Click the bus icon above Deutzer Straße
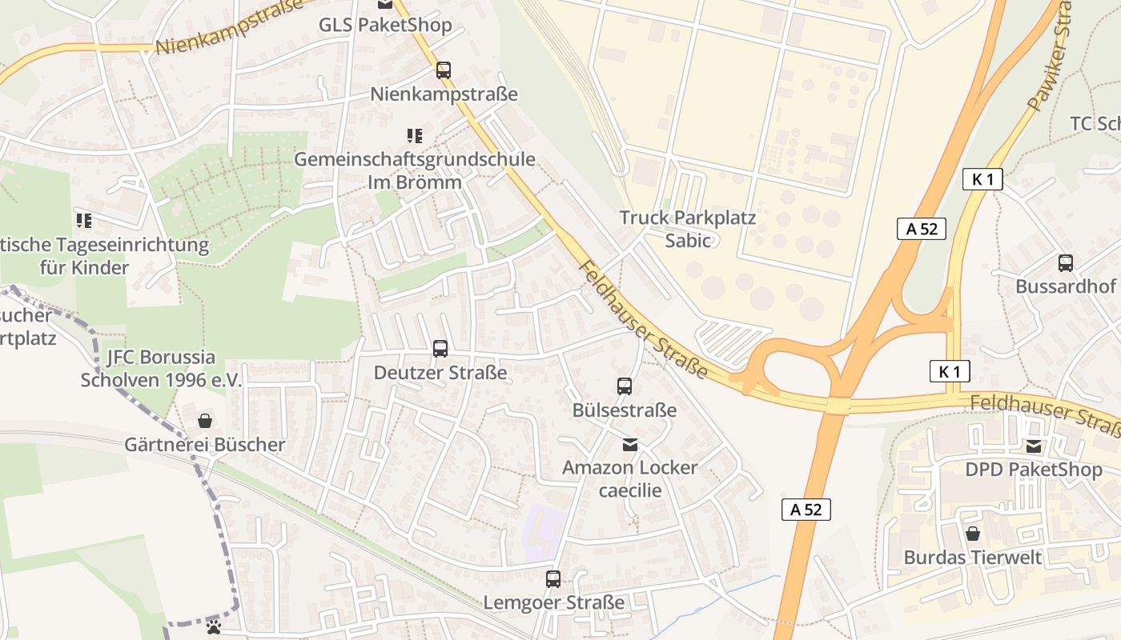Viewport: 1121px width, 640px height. (x=440, y=349)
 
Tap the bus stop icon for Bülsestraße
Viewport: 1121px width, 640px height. (x=625, y=386)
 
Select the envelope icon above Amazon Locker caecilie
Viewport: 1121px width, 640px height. (x=630, y=444)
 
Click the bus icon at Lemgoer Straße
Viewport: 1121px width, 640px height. (x=553, y=578)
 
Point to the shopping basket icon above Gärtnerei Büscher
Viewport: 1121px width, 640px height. (x=205, y=421)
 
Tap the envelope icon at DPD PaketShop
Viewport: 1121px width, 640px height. (x=1034, y=446)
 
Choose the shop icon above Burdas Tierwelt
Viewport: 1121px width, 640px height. (x=973, y=534)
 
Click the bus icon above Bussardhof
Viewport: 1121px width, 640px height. (x=1066, y=262)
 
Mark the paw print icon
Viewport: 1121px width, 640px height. (x=214, y=626)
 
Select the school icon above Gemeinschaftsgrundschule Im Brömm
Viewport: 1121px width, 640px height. (x=414, y=136)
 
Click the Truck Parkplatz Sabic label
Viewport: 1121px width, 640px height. (x=688, y=229)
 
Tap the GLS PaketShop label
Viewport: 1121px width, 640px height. (x=385, y=25)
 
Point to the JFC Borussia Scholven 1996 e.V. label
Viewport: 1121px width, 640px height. (x=160, y=368)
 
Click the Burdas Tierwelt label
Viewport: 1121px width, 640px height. (x=973, y=558)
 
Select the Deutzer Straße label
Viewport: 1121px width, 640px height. (x=440, y=373)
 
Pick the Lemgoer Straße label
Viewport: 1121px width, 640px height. (x=553, y=602)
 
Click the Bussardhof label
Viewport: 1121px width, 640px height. (x=1066, y=286)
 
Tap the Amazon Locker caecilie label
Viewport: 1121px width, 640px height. (x=630, y=478)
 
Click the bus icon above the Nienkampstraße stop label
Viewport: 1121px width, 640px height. (x=444, y=70)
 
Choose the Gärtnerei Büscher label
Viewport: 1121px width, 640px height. (x=205, y=445)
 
